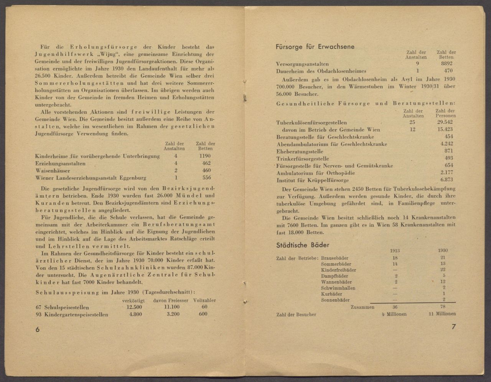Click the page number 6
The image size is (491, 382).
37,330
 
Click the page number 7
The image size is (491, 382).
453,327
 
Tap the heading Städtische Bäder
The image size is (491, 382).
303,244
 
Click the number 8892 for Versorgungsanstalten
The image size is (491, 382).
447,64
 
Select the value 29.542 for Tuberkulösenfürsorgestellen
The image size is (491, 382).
445,123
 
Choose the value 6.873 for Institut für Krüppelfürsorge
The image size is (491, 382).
447,180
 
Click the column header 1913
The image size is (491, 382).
395,251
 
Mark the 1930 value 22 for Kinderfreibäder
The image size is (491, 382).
443,270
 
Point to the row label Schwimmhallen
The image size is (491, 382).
338,288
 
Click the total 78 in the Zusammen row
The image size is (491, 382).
443,307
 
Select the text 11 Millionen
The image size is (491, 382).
442,314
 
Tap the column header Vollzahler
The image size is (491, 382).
204,300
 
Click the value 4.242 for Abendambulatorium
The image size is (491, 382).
447,144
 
